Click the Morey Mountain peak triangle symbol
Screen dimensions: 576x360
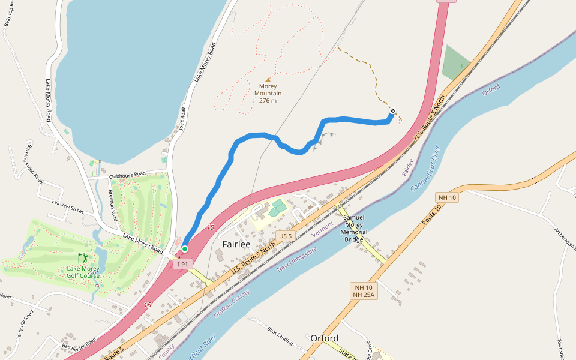[268, 80]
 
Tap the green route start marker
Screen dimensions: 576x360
[185, 249]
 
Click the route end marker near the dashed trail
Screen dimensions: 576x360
[392, 110]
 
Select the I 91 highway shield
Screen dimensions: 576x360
[182, 263]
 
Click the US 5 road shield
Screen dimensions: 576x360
[285, 236]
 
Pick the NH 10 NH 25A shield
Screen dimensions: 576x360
[364, 291]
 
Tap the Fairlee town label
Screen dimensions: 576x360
[236, 244]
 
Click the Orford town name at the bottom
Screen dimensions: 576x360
[325, 338]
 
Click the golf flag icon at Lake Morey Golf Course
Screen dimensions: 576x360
[83, 259]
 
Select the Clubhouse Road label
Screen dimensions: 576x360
[127, 175]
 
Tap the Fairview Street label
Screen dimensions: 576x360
[67, 206]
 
